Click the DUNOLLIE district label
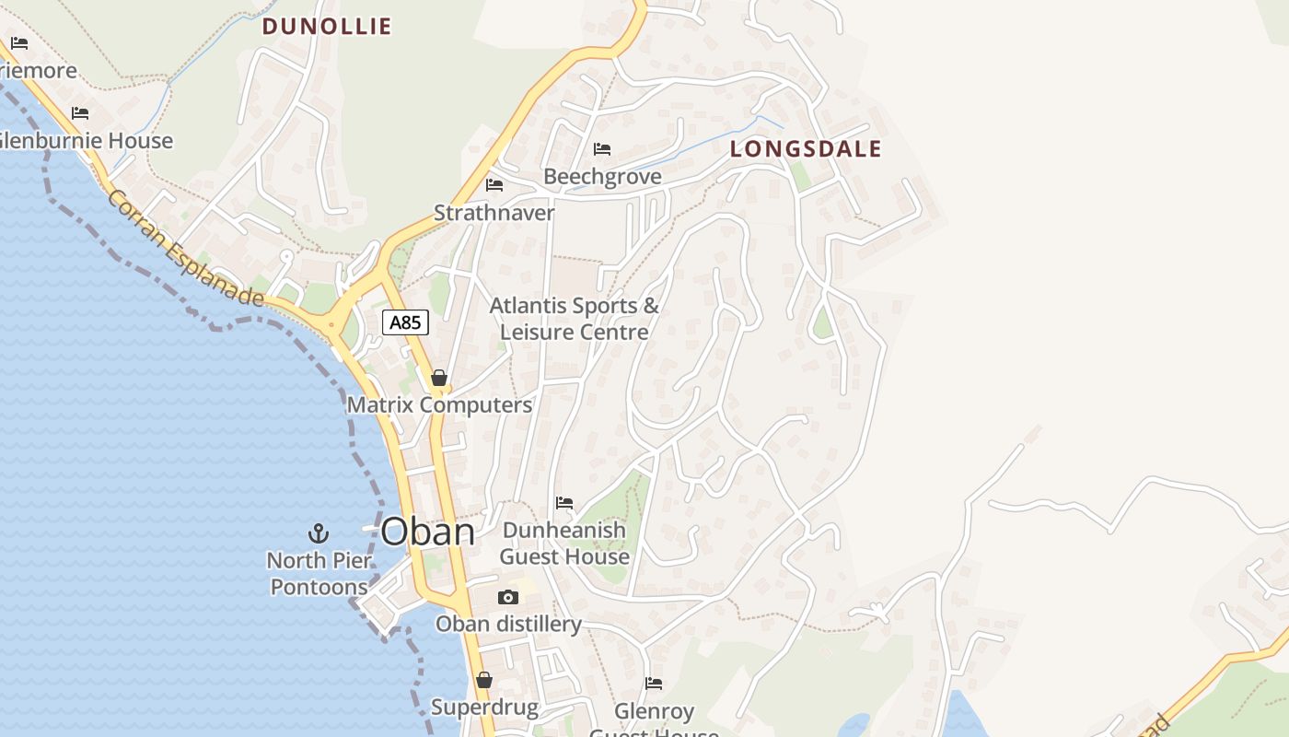327,27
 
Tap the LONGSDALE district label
806,148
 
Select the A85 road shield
405,322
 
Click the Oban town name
427,532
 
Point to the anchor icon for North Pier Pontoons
318,533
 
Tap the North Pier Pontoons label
319,573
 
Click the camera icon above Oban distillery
507,598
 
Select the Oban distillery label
508,625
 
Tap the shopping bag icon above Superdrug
484,681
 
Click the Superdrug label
484,708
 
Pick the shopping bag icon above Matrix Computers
439,378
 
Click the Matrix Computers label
439,404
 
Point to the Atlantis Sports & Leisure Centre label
575,318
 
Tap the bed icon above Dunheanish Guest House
564,503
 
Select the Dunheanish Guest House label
564,544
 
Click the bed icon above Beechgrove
602,149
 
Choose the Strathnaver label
494,213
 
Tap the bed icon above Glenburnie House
80,113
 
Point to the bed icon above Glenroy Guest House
654,684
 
